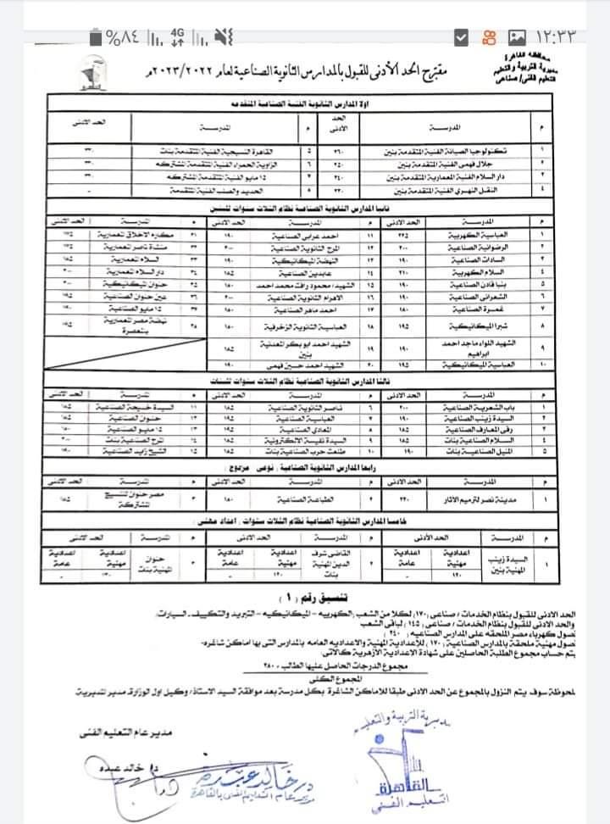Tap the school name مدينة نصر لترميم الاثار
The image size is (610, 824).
[485, 499]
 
